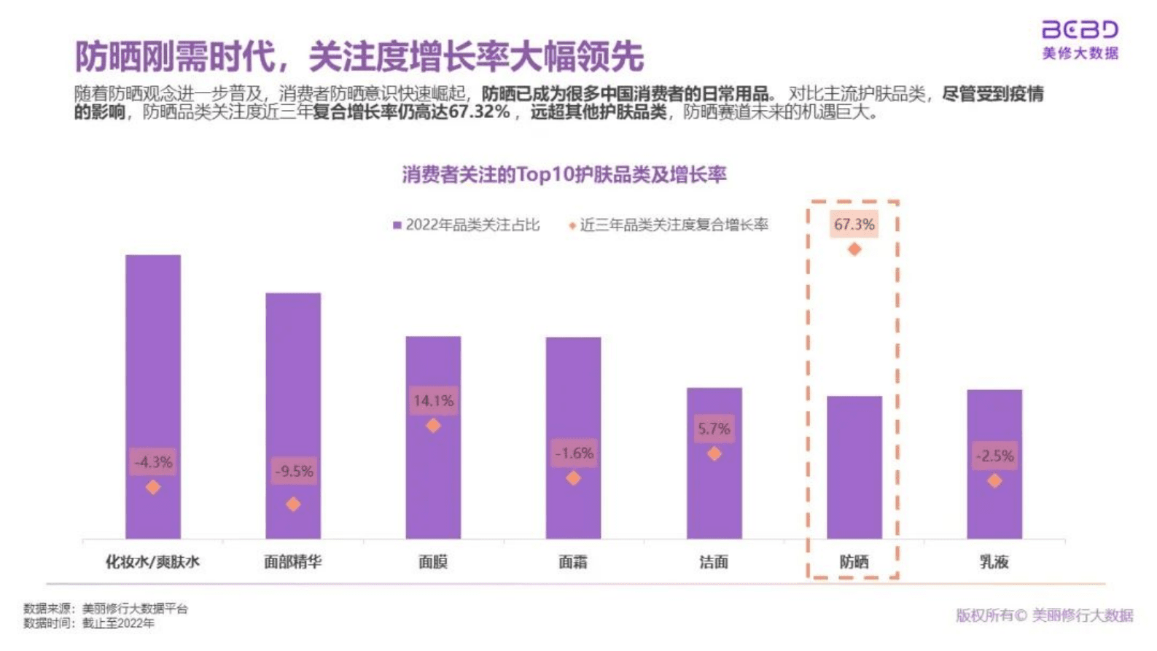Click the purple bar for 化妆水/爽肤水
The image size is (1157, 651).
(x=152, y=365)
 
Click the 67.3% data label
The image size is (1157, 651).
(x=854, y=225)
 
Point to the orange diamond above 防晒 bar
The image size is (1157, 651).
(x=854, y=249)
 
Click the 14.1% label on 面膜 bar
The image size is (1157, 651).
(x=433, y=400)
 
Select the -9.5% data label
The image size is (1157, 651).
(x=293, y=471)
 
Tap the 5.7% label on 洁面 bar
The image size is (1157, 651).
(x=714, y=429)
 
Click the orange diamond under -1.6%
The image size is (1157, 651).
(x=574, y=478)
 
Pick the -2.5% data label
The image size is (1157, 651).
(x=994, y=456)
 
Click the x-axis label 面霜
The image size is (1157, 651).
(x=573, y=562)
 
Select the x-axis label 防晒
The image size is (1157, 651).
(x=854, y=562)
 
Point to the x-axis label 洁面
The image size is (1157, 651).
(x=714, y=562)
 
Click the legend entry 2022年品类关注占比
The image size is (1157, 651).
(x=467, y=225)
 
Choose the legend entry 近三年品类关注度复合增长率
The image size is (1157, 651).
(x=669, y=225)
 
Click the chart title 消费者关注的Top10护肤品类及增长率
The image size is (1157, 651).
(x=564, y=175)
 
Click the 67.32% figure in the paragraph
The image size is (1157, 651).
(x=478, y=112)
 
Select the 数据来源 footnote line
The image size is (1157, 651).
(x=106, y=608)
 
